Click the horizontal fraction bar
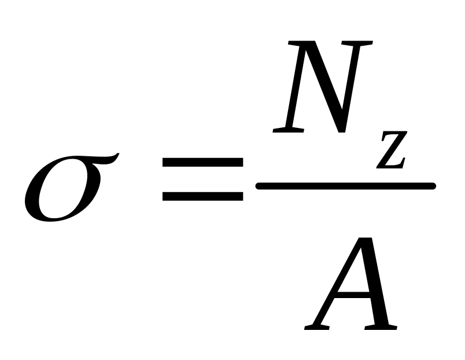pos(345,186)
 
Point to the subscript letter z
pos(392,150)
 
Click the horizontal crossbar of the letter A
pos(353,295)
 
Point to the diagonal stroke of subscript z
pos(393,150)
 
